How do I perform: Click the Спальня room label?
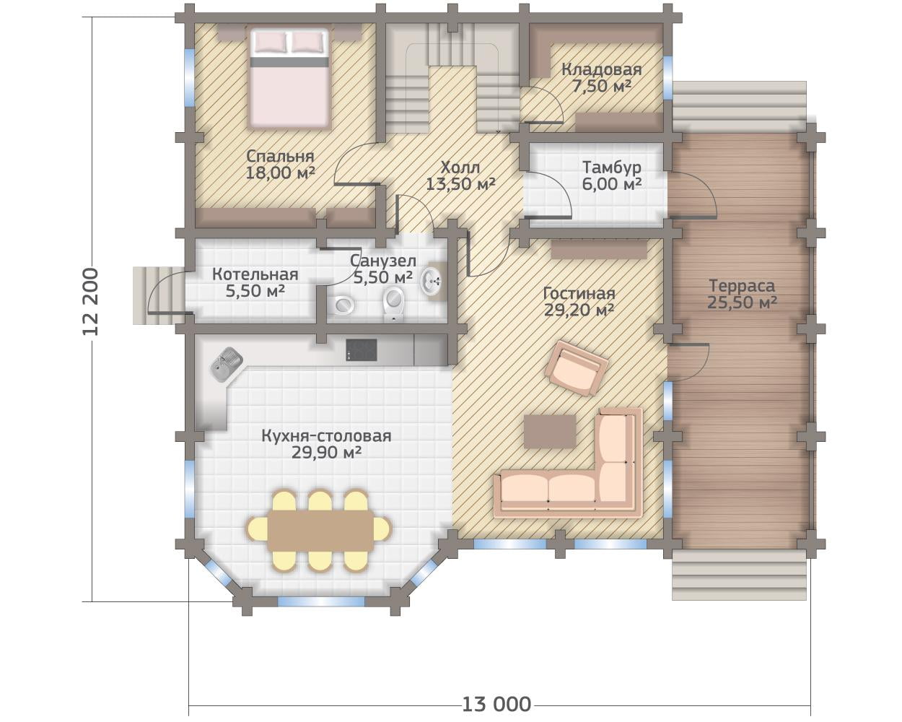tap(280, 165)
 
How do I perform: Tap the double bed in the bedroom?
tap(289, 78)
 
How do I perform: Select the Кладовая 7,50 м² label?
tap(602, 77)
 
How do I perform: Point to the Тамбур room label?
tap(611, 175)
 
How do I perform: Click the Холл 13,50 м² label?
tap(460, 175)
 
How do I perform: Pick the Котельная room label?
tap(255, 282)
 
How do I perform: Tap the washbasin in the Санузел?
tap(432, 280)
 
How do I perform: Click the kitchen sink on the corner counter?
tap(227, 364)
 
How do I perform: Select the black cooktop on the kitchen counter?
tap(362, 350)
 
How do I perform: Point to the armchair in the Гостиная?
tap(577, 368)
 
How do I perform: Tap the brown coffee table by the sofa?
tap(550, 432)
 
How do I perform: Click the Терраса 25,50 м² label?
tap(742, 294)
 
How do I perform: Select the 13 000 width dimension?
tap(496, 704)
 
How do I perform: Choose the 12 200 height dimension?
tap(90, 302)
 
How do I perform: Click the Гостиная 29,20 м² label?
tap(579, 302)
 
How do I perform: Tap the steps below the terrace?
tap(739, 575)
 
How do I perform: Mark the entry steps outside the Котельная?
tap(159, 295)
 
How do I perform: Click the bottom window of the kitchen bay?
tap(321, 601)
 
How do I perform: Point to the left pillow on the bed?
tap(271, 42)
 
